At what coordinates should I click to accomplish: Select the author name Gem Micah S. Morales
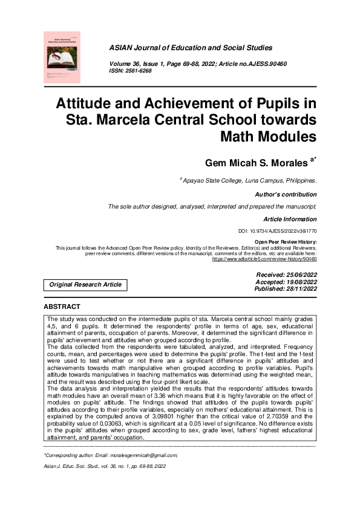tap(257, 162)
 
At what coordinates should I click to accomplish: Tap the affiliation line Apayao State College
tap(248, 180)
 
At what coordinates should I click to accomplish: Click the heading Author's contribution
tap(287, 195)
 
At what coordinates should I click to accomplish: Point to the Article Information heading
tap(290, 218)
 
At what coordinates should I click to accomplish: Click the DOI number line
tap(278, 232)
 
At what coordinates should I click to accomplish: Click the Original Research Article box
tap(85, 284)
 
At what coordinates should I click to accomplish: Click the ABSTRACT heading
tap(62, 307)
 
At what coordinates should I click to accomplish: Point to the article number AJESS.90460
tap(257, 63)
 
